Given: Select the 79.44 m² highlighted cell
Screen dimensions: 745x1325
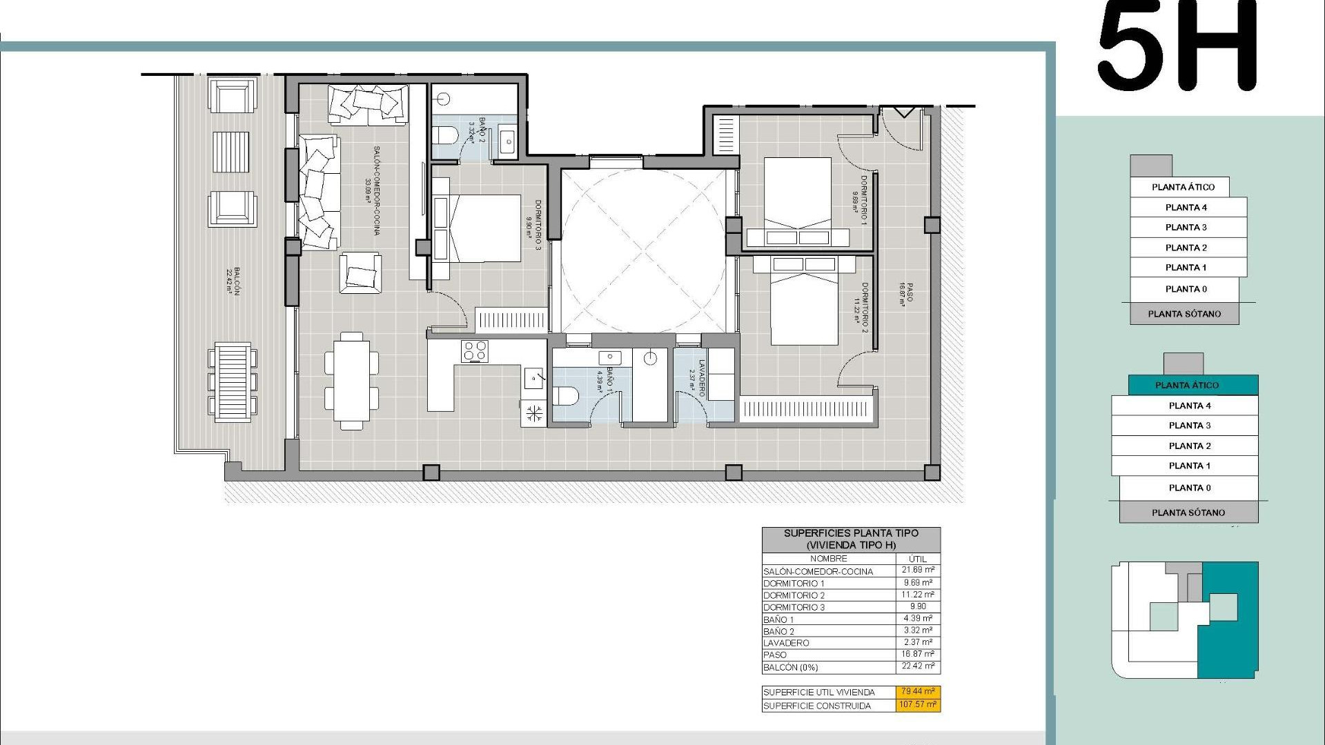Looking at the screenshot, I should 918,691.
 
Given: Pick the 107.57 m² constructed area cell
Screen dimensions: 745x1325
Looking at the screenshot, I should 918,705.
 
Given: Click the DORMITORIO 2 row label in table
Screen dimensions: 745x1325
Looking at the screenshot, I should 794,595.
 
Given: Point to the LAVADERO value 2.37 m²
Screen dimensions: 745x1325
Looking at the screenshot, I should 918,642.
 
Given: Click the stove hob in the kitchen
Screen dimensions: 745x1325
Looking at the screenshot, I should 475,351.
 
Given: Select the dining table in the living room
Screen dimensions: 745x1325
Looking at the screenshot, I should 352,381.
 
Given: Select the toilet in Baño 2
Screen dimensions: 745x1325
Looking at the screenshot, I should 444,135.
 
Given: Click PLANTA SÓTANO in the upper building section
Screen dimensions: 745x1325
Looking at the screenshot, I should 1184,314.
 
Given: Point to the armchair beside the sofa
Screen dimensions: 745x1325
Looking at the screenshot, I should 360,273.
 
